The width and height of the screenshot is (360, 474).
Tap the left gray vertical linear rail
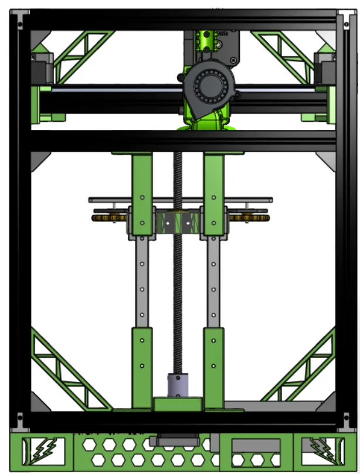click(141, 281)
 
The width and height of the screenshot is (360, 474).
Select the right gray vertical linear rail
click(213, 281)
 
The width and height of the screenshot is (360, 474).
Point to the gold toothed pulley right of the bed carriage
click(249, 218)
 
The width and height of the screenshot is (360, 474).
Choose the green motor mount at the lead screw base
click(178, 404)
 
